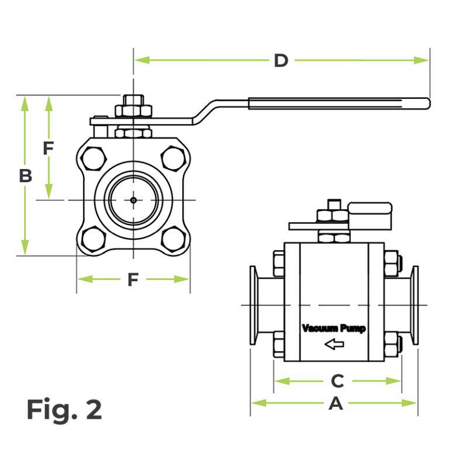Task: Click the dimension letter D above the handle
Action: point(281,60)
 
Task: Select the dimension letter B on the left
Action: point(25,175)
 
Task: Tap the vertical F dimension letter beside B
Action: point(49,148)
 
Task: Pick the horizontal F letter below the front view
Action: point(133,280)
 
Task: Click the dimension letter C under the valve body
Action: point(337,381)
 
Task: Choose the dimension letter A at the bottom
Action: point(336,403)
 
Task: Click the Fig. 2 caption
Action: point(64,410)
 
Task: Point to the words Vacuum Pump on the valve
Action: point(333,329)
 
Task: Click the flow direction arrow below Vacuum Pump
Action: point(334,344)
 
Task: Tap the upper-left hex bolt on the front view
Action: point(94,158)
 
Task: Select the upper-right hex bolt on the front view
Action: point(173,158)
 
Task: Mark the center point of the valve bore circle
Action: point(133,200)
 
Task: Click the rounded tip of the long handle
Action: point(427,103)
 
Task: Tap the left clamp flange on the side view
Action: point(255,305)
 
